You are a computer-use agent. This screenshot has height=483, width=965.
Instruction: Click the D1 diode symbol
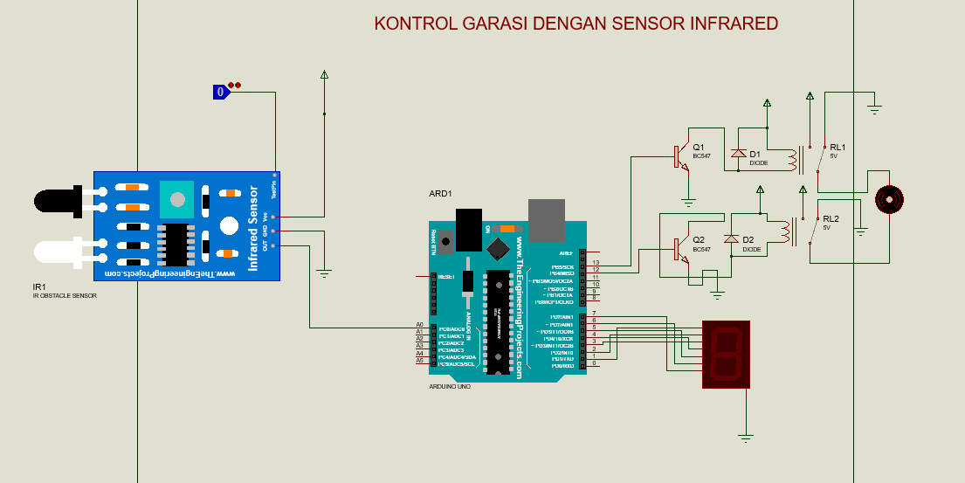pyautogui.click(x=739, y=155)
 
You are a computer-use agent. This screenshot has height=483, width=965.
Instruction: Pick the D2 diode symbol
pyautogui.click(x=732, y=239)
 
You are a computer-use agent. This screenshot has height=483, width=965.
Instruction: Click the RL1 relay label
pyautogui.click(x=837, y=147)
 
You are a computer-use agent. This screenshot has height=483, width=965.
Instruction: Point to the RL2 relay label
pyautogui.click(x=831, y=218)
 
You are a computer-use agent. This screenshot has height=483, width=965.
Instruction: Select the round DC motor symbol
pyautogui.click(x=889, y=199)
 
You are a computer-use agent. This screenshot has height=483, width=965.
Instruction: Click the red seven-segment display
pyautogui.click(x=726, y=354)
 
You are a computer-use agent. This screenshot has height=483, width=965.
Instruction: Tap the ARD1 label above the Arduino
pyautogui.click(x=441, y=193)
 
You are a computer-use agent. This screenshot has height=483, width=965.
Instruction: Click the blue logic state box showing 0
pyautogui.click(x=221, y=92)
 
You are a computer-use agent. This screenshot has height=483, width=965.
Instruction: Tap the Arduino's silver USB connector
pyautogui.click(x=547, y=219)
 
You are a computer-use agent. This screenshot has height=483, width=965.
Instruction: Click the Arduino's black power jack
pyautogui.click(x=470, y=230)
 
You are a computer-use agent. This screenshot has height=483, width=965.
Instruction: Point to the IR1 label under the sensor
pyautogui.click(x=39, y=286)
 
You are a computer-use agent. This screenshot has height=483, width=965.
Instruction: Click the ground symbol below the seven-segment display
pyautogui.click(x=745, y=436)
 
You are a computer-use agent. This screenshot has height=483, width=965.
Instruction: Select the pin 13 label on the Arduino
pyautogui.click(x=596, y=262)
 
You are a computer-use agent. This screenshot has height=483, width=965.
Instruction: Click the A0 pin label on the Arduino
pyautogui.click(x=420, y=325)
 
